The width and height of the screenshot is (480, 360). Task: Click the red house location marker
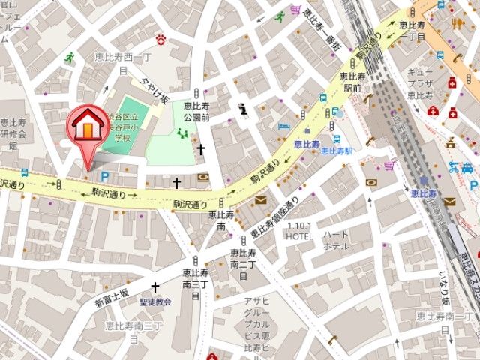(x=86, y=128)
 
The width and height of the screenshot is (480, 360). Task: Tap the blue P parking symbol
(x=105, y=177)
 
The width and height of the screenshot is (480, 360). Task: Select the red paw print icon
(x=160, y=38)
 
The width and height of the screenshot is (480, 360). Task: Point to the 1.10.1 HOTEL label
(x=298, y=230)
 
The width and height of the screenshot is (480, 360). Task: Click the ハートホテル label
(x=335, y=240)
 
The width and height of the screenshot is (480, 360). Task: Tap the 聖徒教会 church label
(x=155, y=301)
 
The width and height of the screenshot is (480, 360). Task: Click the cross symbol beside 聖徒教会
(x=155, y=287)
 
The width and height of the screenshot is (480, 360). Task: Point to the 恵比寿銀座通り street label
(x=274, y=218)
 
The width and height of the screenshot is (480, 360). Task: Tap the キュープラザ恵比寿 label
(x=419, y=82)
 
